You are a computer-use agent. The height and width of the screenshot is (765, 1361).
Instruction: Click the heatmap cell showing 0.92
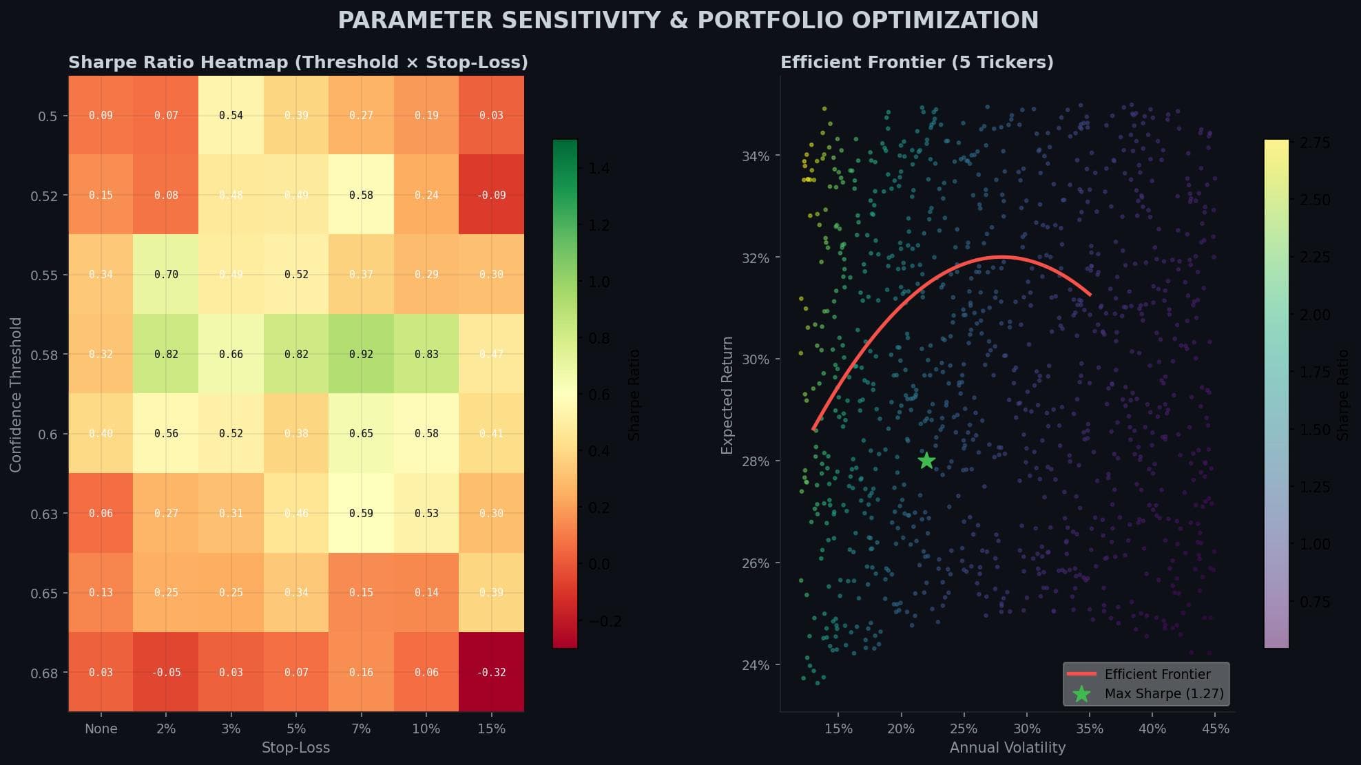click(361, 354)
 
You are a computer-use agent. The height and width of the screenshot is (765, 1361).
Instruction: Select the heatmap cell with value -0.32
click(491, 672)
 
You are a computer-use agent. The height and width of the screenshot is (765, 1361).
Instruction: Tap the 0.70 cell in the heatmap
click(166, 275)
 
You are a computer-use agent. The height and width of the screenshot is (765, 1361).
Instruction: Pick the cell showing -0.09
click(491, 195)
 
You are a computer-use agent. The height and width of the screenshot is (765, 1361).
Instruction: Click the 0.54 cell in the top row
click(231, 116)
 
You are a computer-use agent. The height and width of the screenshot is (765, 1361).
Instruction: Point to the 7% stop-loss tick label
click(361, 729)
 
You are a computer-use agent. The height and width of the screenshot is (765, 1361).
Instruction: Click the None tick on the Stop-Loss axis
click(101, 729)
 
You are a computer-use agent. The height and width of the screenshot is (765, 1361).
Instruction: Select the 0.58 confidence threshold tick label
click(44, 355)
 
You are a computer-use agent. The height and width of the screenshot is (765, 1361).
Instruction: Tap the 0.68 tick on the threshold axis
click(44, 673)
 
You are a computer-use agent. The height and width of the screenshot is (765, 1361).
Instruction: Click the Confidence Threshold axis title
click(16, 395)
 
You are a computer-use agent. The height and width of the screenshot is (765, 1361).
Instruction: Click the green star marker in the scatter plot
click(926, 461)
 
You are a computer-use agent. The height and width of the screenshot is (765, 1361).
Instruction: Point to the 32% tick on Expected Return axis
click(755, 258)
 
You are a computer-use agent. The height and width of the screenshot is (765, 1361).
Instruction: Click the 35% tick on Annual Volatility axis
click(1090, 729)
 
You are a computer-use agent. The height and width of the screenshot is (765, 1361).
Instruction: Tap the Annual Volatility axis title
click(1007, 748)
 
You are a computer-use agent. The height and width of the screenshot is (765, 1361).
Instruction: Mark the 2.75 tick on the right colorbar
click(1314, 143)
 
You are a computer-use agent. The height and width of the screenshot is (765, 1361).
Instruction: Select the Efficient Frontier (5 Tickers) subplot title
click(917, 63)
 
